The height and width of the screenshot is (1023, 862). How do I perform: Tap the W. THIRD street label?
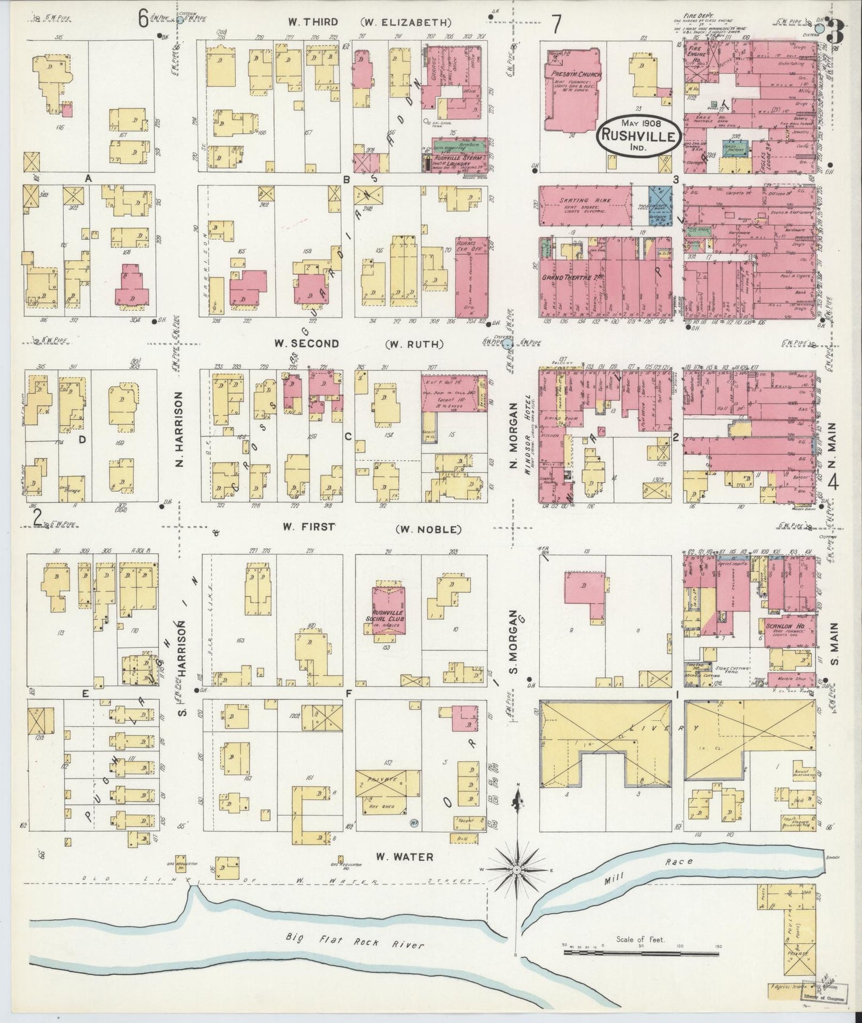313,22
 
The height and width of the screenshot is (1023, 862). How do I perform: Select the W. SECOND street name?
307,343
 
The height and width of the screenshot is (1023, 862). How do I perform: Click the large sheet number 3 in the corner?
836,31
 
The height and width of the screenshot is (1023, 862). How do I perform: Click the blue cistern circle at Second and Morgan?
507,344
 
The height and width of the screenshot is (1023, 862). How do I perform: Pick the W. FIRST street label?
307,527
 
